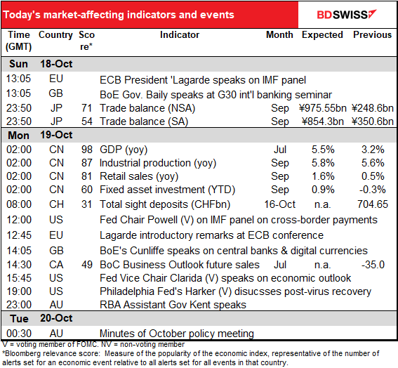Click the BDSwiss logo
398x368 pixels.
347,14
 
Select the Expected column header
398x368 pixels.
322,35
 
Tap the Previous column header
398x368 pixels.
372,35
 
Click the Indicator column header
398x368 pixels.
180,35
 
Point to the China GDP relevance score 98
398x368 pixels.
87,150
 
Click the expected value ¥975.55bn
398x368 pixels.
323,108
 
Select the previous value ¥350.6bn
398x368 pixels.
373,121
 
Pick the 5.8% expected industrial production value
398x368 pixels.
323,163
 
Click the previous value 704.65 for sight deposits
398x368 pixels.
373,204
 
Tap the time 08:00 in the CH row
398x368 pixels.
19,204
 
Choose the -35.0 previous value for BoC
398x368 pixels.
373,265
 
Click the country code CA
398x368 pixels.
56,265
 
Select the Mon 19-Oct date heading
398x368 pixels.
40,135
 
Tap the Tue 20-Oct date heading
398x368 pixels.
41,318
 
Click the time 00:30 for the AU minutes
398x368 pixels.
19,334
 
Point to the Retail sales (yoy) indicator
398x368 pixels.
139,176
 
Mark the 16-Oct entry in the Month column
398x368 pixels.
279,204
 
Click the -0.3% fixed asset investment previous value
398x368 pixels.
373,190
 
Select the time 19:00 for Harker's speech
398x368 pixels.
19,291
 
